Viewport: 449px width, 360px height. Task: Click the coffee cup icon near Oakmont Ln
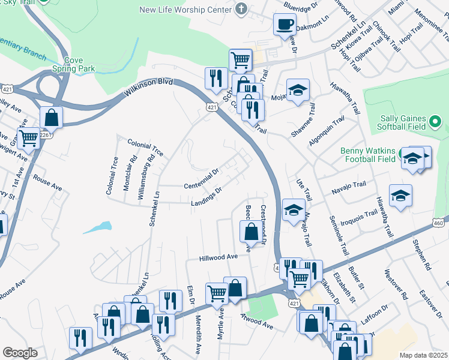[x=285, y=25]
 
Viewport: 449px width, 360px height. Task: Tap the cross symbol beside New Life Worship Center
[x=241, y=9]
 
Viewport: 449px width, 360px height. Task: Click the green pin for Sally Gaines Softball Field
[x=436, y=122]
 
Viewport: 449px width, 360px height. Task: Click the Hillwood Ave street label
[x=219, y=257]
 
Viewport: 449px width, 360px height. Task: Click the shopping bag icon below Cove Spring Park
[x=52, y=118]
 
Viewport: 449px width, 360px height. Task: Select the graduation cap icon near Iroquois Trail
[x=400, y=195]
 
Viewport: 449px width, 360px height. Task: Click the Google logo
[x=20, y=353]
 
